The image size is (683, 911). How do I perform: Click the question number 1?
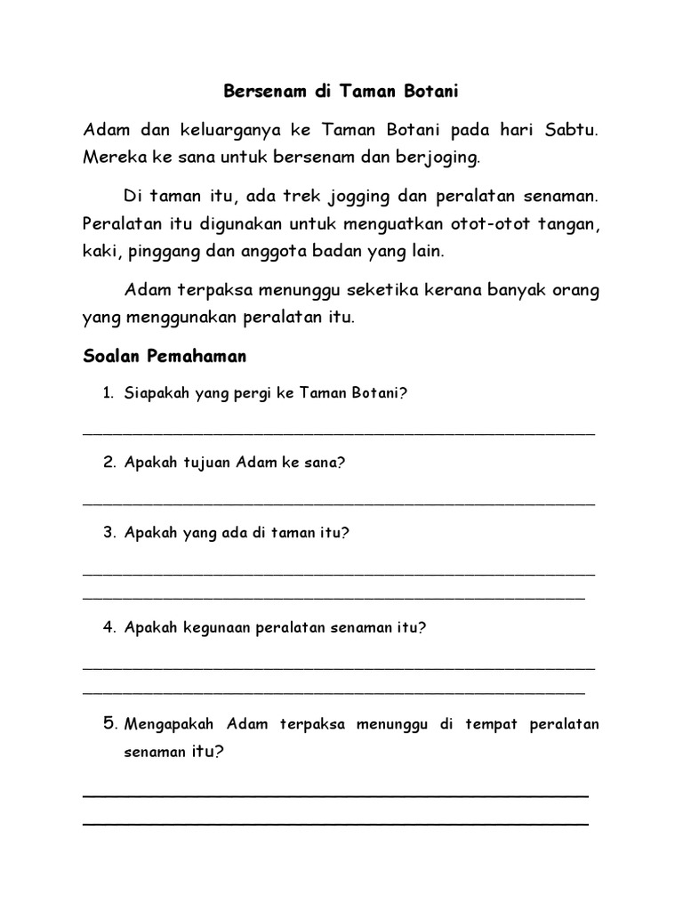tap(108, 392)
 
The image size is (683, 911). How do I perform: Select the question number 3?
tap(108, 533)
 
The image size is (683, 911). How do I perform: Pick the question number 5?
tap(110, 723)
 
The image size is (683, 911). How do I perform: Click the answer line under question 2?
tap(338, 504)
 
